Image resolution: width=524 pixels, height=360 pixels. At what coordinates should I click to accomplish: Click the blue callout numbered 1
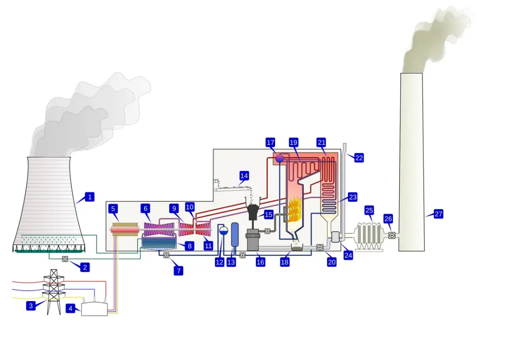click(x=90, y=197)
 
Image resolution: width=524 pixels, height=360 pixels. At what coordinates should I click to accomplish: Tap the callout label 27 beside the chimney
click(x=438, y=214)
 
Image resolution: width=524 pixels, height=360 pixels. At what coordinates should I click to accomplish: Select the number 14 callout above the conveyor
click(x=244, y=176)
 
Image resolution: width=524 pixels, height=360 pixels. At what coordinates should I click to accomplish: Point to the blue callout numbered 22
click(x=359, y=158)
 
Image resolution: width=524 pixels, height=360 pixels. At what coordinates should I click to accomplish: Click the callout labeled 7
click(x=178, y=271)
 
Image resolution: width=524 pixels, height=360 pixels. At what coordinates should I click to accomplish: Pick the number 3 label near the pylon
click(x=31, y=306)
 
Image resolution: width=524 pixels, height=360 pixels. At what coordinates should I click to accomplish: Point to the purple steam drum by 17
click(x=280, y=158)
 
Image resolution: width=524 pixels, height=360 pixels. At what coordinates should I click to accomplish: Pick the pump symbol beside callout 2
click(x=65, y=259)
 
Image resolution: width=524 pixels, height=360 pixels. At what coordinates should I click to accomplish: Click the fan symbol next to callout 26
click(x=392, y=236)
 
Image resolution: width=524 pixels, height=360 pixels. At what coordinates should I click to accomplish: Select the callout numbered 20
click(x=332, y=262)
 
